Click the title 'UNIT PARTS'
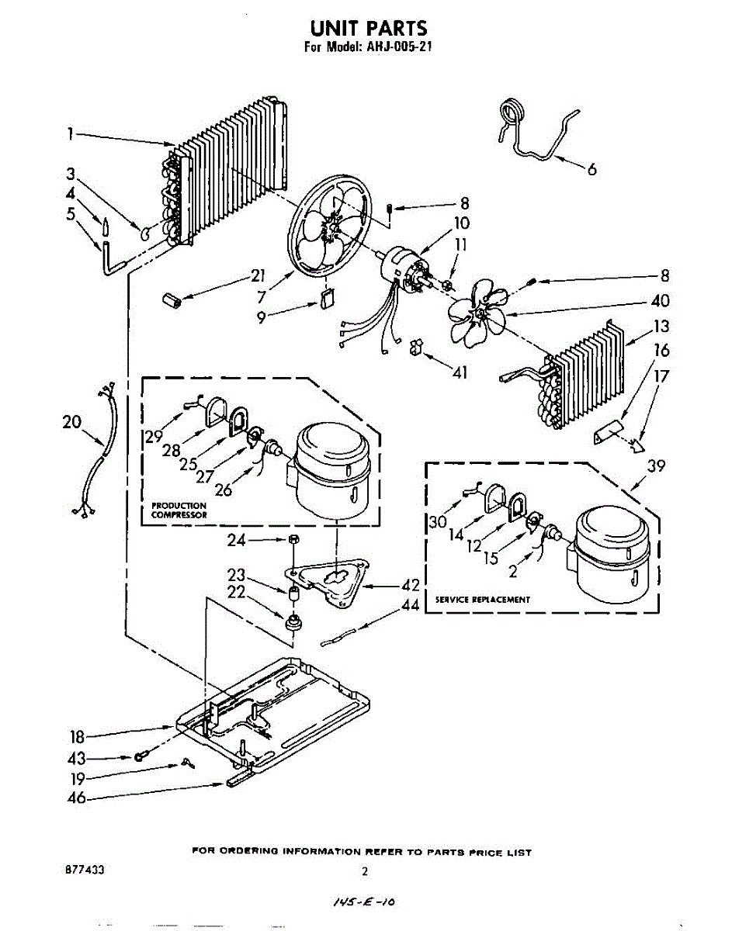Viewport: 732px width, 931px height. (369, 28)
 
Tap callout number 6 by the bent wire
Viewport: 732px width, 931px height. (592, 169)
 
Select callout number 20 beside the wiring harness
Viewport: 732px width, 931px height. (71, 421)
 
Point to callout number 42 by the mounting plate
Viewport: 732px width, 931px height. (410, 586)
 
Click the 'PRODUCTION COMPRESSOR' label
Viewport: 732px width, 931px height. (179, 510)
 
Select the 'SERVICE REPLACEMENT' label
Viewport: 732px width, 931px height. (482, 600)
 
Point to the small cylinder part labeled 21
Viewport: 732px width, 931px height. (172, 300)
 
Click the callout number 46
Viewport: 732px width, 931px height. (76, 798)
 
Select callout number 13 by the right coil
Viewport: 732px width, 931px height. (661, 326)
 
